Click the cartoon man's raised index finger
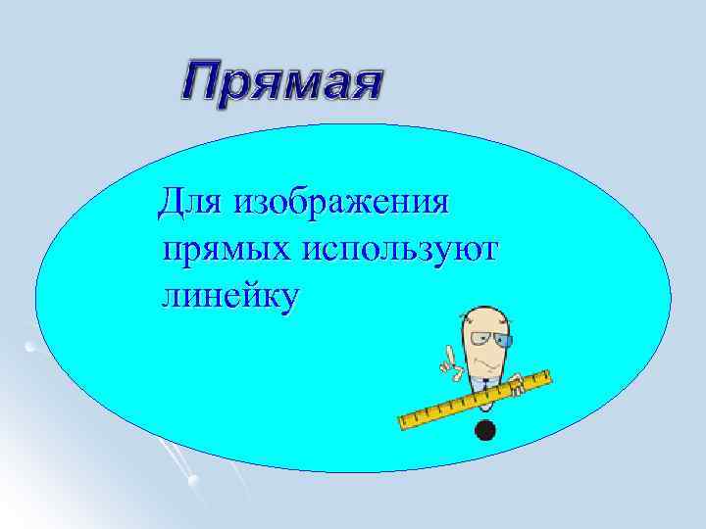[443, 353]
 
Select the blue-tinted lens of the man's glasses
[503, 341]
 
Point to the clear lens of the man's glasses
[479, 340]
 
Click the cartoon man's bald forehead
[483, 319]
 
